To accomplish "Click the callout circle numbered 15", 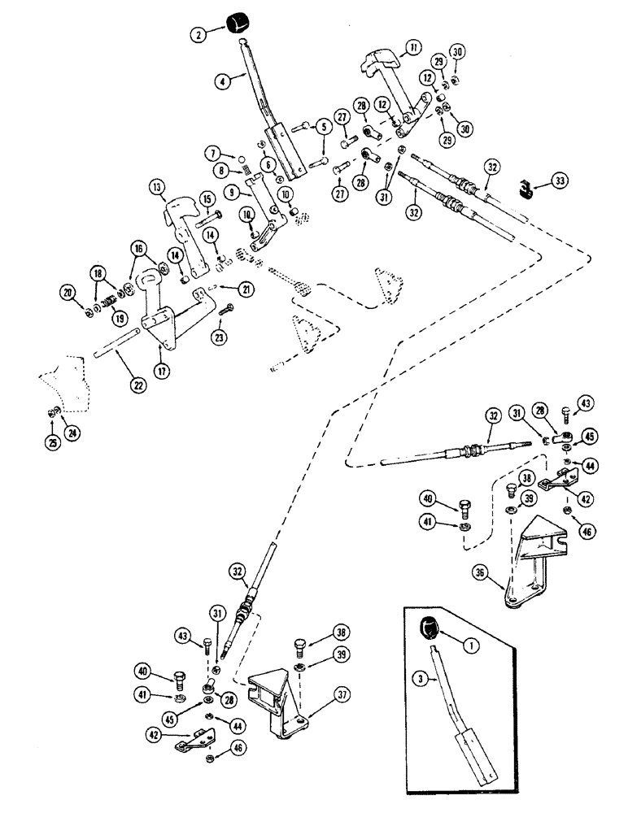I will tap(205, 198).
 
